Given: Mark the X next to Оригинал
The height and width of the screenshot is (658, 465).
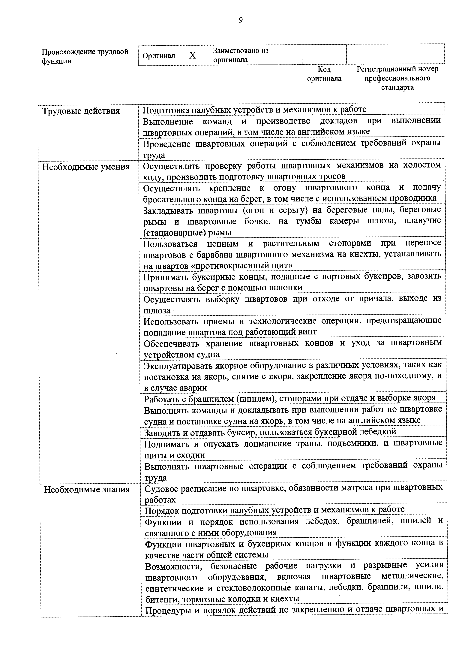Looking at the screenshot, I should point(193,56).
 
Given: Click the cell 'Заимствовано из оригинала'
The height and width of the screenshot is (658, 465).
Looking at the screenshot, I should point(241,55).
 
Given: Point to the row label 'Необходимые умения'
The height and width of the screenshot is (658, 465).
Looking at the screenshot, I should point(86,167).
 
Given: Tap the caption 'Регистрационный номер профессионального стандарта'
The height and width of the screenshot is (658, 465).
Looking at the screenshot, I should point(397,78).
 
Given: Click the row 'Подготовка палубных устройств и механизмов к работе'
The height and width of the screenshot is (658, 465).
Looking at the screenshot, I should point(254,109).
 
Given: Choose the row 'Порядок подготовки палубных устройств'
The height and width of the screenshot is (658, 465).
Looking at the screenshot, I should point(274,510).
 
